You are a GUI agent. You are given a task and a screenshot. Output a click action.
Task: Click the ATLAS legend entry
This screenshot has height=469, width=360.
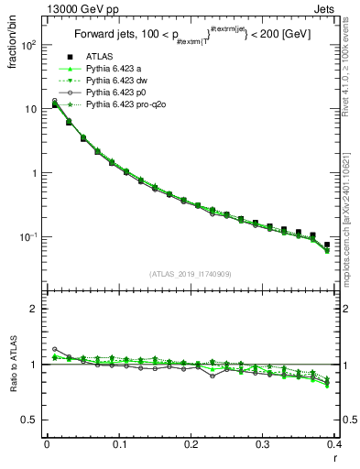pos(99,58)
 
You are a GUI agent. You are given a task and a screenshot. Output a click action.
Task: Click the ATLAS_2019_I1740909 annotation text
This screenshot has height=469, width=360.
pos(190,274)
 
